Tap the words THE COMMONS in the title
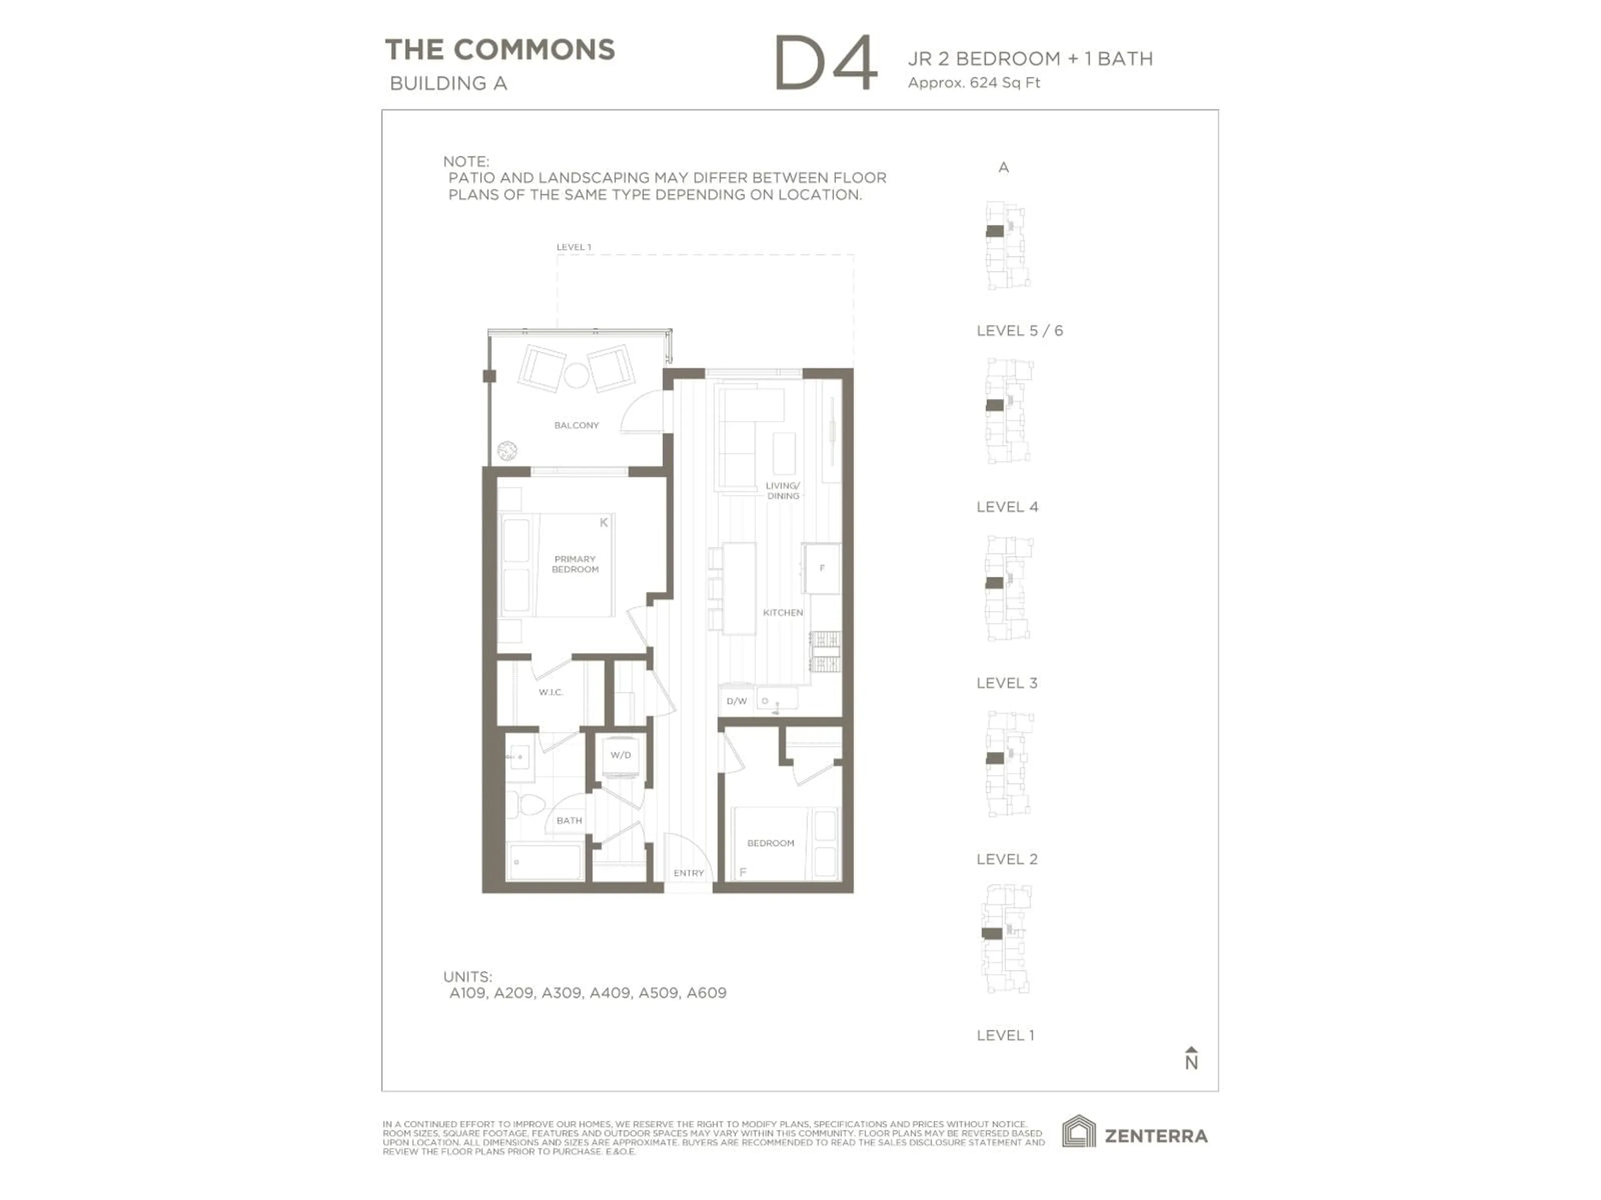(x=499, y=50)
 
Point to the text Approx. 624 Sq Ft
(x=974, y=82)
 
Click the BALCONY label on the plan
(x=576, y=425)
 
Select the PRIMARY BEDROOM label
(x=575, y=564)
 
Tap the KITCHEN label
(x=783, y=612)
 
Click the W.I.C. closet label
(x=550, y=692)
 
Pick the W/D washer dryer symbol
(x=620, y=755)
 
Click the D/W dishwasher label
(x=736, y=701)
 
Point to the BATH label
(x=569, y=820)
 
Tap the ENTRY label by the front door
(x=688, y=873)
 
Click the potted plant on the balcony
(x=507, y=451)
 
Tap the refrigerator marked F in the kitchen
(x=821, y=568)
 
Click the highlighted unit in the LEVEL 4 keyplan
(x=994, y=405)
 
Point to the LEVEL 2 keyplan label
(x=1007, y=859)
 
